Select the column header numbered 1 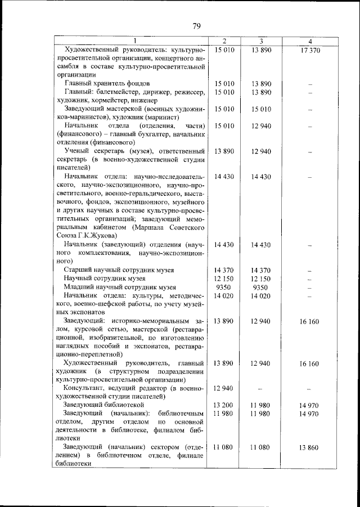[x=134, y=42]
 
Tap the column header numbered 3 [x=262, y=42]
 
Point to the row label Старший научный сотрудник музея [x=119, y=270]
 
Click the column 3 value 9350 [x=262, y=287]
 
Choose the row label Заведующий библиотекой [x=104, y=405]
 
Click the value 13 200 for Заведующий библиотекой [x=224, y=405]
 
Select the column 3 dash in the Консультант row [x=262, y=389]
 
